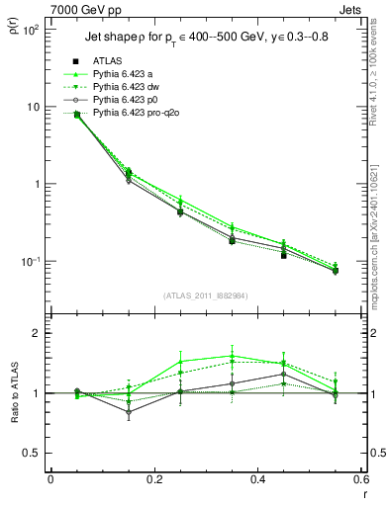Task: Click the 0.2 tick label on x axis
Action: coord(153,479)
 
